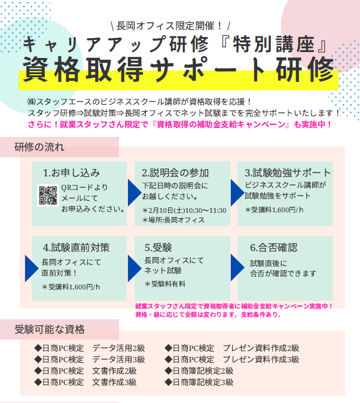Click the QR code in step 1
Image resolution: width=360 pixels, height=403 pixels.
(48, 196)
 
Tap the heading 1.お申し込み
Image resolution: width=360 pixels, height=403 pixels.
(71, 173)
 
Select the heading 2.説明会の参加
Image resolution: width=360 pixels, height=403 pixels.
(175, 173)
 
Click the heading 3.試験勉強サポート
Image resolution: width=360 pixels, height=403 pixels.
(288, 173)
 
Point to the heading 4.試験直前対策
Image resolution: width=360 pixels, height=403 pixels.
(77, 248)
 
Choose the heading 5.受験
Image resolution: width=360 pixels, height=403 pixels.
(158, 248)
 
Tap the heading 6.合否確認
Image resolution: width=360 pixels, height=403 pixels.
(274, 248)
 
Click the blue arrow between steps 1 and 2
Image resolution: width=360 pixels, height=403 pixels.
(135, 193)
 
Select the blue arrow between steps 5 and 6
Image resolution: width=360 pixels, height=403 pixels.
(237, 267)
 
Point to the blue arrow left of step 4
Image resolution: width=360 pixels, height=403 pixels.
(32, 268)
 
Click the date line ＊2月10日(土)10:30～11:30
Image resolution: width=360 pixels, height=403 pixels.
(184, 210)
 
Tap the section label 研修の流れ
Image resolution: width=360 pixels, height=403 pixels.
(39, 147)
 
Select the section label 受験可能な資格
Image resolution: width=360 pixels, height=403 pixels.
(50, 329)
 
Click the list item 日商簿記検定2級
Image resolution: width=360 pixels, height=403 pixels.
(199, 371)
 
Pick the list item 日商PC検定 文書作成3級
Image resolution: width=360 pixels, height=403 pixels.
(86, 382)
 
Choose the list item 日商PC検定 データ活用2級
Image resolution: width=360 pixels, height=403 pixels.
(90, 348)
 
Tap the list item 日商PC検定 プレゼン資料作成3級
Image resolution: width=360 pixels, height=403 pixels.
(232, 359)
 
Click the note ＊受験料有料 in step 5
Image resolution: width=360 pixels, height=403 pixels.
(165, 284)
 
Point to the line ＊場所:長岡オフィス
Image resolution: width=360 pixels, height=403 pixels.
(173, 220)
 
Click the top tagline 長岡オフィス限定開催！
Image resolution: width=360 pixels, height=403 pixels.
(170, 26)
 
